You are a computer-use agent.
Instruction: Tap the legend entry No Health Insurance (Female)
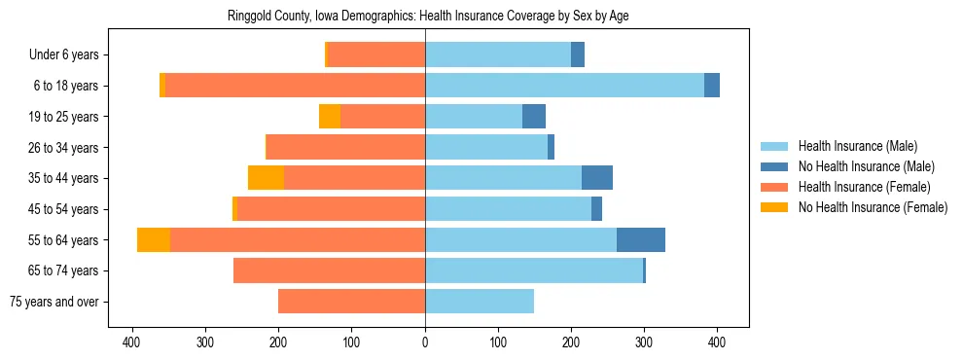pyautogui.click(x=873, y=207)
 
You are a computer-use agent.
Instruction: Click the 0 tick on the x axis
pyautogui.click(x=425, y=342)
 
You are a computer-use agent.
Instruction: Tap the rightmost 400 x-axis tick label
pyautogui.click(x=717, y=342)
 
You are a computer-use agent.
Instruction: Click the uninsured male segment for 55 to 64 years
pyautogui.click(x=641, y=239)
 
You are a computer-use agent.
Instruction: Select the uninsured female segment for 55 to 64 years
pyautogui.click(x=154, y=239)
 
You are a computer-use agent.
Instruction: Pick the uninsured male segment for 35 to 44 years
pyautogui.click(x=597, y=178)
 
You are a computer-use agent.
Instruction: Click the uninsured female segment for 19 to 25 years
pyautogui.click(x=330, y=117)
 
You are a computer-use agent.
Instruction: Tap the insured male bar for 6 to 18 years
pyautogui.click(x=564, y=86)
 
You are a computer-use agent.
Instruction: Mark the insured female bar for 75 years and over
pyautogui.click(x=351, y=302)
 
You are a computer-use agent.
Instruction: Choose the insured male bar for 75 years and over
pyautogui.click(x=480, y=302)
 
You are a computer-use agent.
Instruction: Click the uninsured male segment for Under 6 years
pyautogui.click(x=578, y=55)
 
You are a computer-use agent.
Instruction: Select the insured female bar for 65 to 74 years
pyautogui.click(x=329, y=270)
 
